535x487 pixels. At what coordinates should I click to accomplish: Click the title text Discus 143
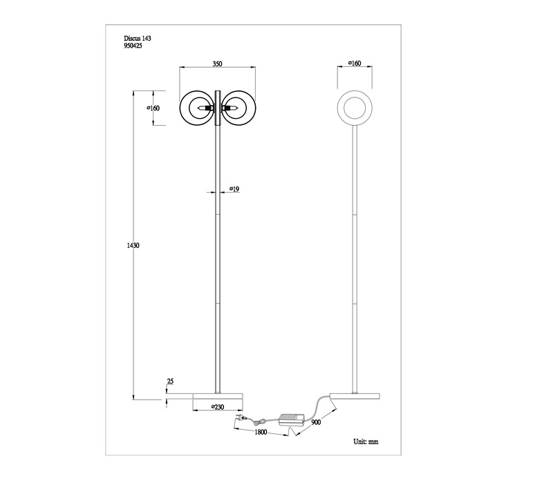[x=137, y=38]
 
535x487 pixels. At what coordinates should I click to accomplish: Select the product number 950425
[x=133, y=46]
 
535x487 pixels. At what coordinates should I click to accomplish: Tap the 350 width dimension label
[x=217, y=64]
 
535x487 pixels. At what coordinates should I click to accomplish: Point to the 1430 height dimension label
[x=133, y=245]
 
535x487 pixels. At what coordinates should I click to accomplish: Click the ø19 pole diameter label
[x=234, y=189]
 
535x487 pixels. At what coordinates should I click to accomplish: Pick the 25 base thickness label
[x=170, y=381]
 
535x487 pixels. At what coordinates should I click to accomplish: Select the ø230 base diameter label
[x=218, y=407]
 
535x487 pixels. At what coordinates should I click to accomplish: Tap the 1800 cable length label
[x=261, y=432]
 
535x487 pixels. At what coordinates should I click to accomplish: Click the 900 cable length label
[x=316, y=422]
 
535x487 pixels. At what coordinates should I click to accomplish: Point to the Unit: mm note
[x=366, y=441]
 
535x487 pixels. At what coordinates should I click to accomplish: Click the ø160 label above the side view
[x=355, y=63]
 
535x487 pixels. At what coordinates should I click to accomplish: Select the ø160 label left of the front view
[x=153, y=108]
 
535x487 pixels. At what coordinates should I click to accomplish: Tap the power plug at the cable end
[x=240, y=417]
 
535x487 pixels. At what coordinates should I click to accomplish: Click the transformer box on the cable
[x=292, y=419]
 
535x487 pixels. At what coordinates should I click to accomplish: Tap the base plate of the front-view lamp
[x=218, y=397]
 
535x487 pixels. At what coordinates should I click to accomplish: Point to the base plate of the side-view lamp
[x=355, y=397]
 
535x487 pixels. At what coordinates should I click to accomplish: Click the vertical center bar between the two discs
[x=217, y=108]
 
